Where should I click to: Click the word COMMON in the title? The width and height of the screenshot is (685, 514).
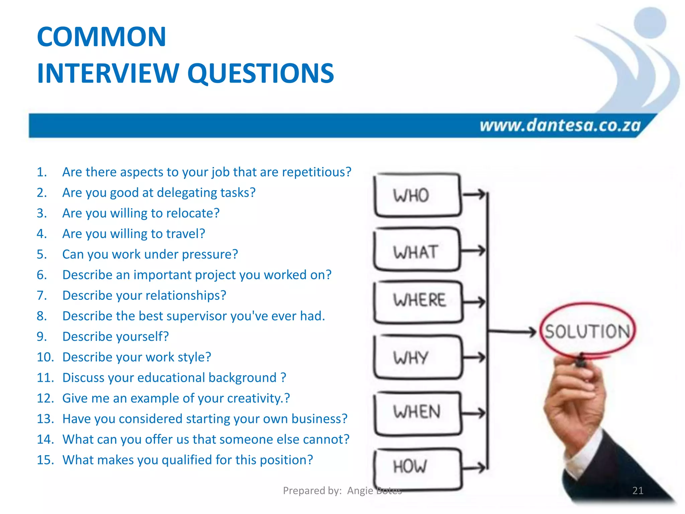tap(101, 37)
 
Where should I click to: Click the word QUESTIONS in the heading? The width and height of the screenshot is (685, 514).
tap(261, 73)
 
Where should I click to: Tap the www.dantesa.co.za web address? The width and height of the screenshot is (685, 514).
tap(560, 125)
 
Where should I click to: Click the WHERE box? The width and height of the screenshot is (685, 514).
tap(418, 301)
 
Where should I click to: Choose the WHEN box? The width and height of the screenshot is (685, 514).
tap(417, 412)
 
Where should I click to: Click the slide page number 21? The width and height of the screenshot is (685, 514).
tap(638, 491)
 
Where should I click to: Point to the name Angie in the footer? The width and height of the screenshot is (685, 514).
tap(360, 491)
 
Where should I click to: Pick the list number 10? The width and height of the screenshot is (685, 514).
tap(45, 357)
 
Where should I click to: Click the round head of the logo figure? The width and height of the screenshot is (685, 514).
tap(650, 23)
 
